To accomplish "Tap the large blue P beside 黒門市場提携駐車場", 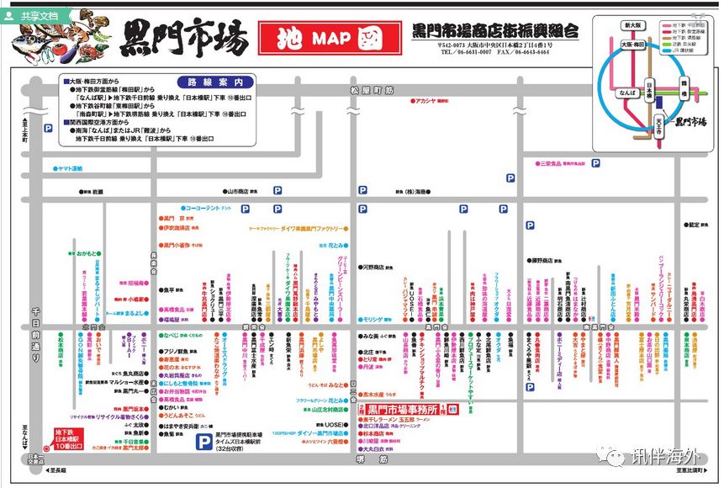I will [203, 441].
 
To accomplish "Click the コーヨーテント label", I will [204, 207].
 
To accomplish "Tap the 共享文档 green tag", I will [34, 15].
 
